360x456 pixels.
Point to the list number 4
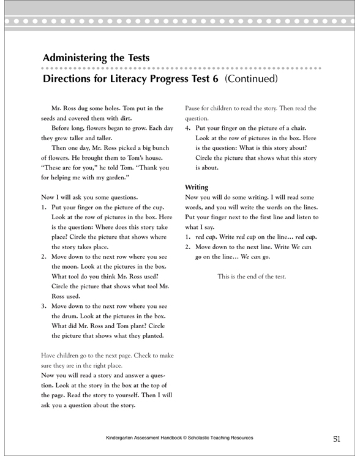pos(187,129)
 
